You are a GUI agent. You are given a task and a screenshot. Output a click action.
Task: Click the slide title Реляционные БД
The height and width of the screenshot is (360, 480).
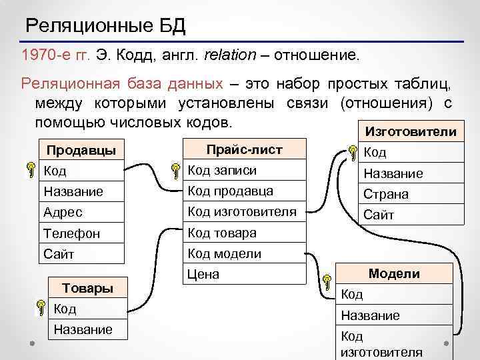(x=105, y=27)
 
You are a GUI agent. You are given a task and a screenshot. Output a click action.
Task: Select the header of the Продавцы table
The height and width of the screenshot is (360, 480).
(x=81, y=150)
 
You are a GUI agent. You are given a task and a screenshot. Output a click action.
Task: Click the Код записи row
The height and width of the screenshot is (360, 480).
(x=244, y=171)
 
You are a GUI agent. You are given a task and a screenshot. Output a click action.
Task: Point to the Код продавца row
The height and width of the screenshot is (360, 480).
(x=244, y=191)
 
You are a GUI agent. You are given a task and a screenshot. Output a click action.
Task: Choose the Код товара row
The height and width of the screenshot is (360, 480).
(x=244, y=233)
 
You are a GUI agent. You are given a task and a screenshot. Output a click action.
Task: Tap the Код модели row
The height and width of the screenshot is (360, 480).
(x=244, y=253)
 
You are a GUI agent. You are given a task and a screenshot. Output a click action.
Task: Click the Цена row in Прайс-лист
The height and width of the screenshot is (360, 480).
(x=244, y=274)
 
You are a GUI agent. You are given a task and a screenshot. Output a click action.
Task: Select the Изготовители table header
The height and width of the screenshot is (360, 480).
(x=408, y=132)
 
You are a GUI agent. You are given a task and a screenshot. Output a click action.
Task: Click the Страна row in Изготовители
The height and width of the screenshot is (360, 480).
(x=408, y=195)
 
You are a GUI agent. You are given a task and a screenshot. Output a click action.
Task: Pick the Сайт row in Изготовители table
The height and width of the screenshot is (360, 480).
(x=408, y=215)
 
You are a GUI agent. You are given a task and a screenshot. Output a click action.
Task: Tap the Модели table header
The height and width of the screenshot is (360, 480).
(x=394, y=273)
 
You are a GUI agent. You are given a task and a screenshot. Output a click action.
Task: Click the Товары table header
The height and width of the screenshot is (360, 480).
(x=87, y=288)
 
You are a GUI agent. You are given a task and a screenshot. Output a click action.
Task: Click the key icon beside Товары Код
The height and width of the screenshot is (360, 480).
(x=41, y=308)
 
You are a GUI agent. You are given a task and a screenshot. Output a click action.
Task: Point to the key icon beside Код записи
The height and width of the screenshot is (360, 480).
(x=175, y=171)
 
